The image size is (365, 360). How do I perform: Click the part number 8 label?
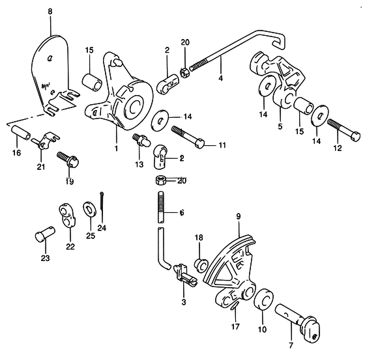(50, 12)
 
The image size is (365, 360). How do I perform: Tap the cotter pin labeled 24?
(102, 201)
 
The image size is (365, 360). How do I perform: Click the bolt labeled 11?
(188, 137)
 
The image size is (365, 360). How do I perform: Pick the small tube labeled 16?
(21, 132)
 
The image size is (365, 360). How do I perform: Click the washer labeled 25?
(89, 210)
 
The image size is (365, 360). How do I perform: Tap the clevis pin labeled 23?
(45, 234)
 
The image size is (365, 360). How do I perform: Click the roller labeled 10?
(264, 300)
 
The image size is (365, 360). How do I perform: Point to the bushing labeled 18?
(201, 264)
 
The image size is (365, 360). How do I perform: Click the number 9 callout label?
(238, 217)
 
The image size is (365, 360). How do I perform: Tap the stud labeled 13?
(141, 140)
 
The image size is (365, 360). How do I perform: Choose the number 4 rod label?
(220, 78)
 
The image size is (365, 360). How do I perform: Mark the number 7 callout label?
(291, 346)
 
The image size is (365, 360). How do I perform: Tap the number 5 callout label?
(280, 126)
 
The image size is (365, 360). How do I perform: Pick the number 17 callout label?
(235, 327)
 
